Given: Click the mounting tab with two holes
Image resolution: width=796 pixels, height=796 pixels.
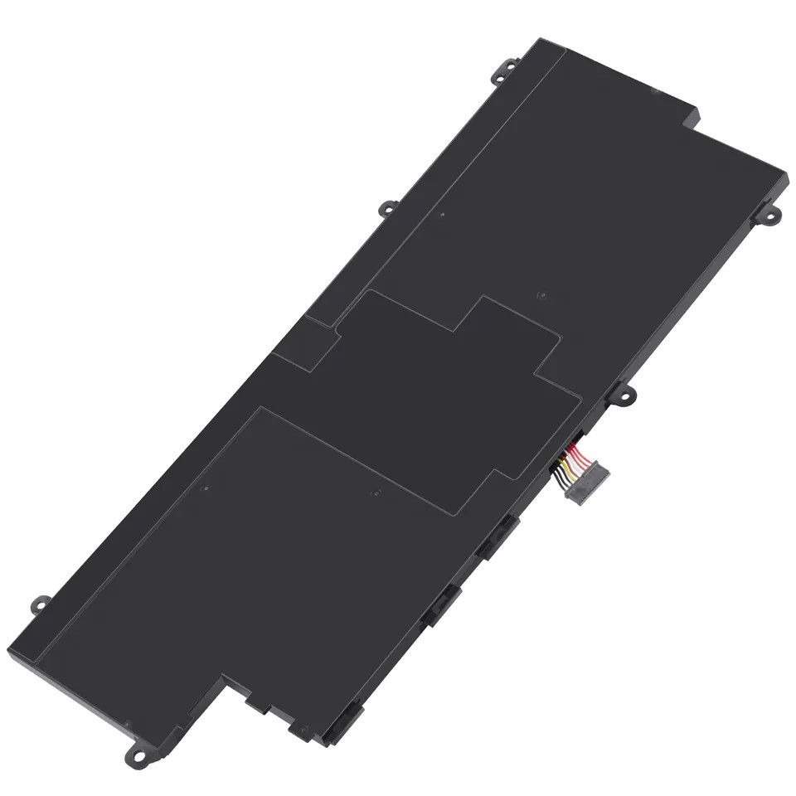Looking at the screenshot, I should click(x=767, y=215).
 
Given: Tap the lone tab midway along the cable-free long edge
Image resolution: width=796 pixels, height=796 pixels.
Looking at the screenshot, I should click(x=387, y=209).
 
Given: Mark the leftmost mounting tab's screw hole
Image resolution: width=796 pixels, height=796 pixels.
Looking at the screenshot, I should click(x=36, y=603).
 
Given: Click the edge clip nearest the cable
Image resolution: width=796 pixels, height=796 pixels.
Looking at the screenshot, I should click(x=495, y=536).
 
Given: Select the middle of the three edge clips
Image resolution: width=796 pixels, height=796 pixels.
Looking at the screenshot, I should click(x=439, y=603).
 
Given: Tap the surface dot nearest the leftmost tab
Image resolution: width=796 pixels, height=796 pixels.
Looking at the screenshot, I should click(x=205, y=488).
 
